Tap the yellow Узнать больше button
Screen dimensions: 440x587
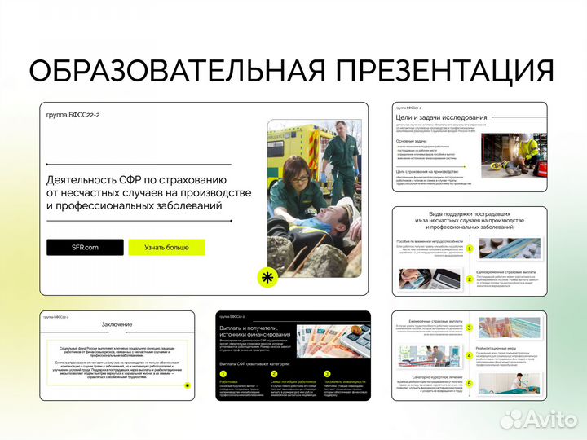coord(166,247)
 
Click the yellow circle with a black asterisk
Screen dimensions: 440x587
coord(266,278)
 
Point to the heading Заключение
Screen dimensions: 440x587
coord(117,324)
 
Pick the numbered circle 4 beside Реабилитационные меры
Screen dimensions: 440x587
coord(470,355)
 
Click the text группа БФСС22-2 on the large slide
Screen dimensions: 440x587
coord(73,116)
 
